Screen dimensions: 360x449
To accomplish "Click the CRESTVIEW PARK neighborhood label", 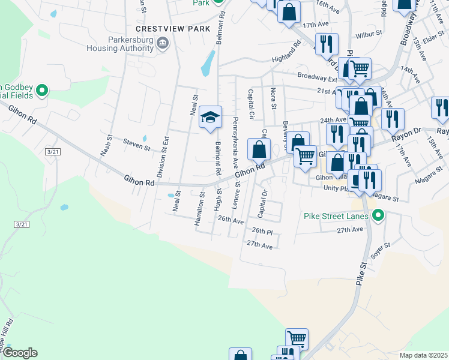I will point(173,29).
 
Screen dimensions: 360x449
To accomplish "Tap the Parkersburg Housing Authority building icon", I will point(163,43).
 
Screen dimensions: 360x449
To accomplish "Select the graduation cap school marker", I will point(211,116).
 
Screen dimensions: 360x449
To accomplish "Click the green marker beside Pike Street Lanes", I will point(378,215).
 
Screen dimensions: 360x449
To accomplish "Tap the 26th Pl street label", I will point(262,231).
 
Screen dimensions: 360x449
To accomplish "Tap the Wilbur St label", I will point(369,35).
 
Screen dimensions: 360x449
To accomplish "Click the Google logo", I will point(20,353).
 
